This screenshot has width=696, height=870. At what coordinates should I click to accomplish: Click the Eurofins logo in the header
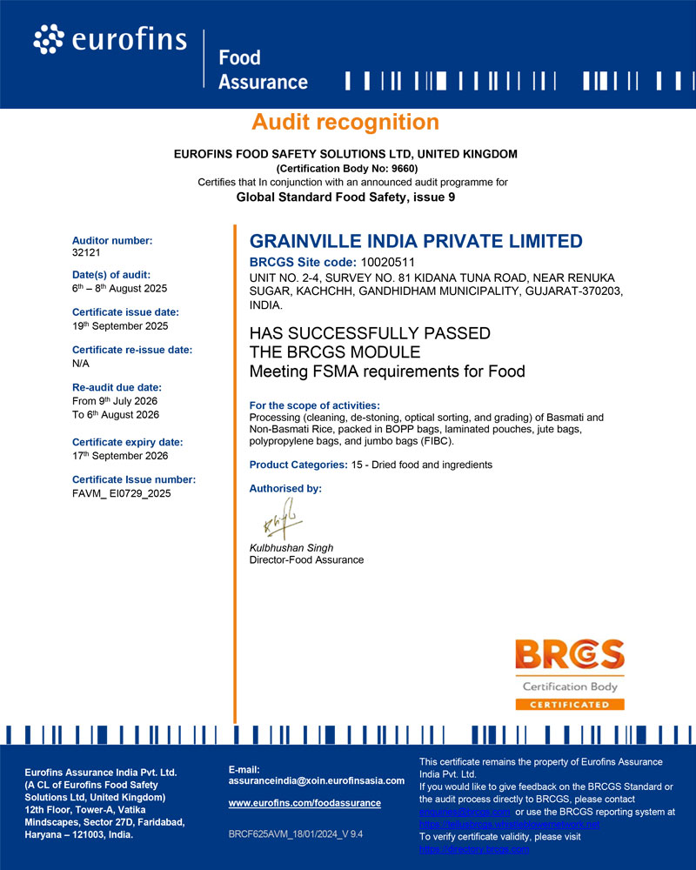click(x=110, y=39)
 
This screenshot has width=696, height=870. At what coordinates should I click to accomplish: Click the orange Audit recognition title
click(x=345, y=122)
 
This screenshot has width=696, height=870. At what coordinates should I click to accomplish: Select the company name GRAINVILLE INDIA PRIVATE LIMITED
click(x=416, y=241)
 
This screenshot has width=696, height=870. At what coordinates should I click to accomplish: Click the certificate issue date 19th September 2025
click(x=120, y=325)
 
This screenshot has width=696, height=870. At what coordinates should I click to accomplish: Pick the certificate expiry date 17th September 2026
click(x=120, y=455)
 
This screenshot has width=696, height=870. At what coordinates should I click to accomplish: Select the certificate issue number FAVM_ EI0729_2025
click(x=121, y=493)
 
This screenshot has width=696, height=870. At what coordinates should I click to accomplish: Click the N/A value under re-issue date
click(x=81, y=363)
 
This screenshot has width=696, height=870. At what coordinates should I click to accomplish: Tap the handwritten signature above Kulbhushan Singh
click(x=279, y=522)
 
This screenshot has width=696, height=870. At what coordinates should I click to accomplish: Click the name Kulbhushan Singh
click(x=291, y=548)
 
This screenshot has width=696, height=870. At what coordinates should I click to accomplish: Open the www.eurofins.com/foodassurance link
click(x=304, y=803)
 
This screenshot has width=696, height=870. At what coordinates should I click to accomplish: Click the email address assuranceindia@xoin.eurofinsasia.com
click(x=317, y=780)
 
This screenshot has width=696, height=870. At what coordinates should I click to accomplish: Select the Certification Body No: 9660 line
click(x=346, y=168)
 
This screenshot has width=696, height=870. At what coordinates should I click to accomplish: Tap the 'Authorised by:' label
click(x=285, y=489)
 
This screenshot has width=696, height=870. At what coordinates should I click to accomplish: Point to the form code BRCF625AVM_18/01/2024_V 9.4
click(x=295, y=833)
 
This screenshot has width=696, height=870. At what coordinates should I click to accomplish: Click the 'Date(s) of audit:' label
click(x=111, y=274)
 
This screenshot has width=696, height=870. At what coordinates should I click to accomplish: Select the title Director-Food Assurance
click(x=306, y=559)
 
